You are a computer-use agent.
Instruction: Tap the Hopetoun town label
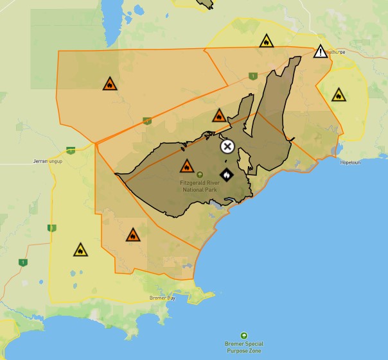tap(351, 162)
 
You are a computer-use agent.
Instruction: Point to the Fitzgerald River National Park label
tap(199, 186)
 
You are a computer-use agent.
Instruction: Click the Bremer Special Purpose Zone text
tap(243, 347)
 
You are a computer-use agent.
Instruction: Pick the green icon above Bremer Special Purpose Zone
tap(243, 336)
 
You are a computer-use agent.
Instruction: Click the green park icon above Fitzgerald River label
tap(199, 174)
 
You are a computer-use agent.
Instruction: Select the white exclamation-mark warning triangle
tap(321, 52)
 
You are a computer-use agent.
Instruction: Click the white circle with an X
tap(227, 146)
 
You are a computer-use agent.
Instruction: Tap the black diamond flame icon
tap(226, 173)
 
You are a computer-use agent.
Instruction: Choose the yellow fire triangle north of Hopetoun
tap(338, 96)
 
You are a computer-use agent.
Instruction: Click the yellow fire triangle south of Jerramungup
tap(80, 250)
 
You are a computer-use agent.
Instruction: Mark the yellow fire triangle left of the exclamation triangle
tap(266, 42)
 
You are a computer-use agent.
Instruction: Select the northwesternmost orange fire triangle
tap(110, 84)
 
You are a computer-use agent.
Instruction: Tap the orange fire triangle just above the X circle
tap(219, 116)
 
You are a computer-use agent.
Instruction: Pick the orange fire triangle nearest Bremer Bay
tap(133, 235)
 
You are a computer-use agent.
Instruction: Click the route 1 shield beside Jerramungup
tap(71, 151)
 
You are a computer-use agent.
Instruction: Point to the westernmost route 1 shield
tap(23, 262)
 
